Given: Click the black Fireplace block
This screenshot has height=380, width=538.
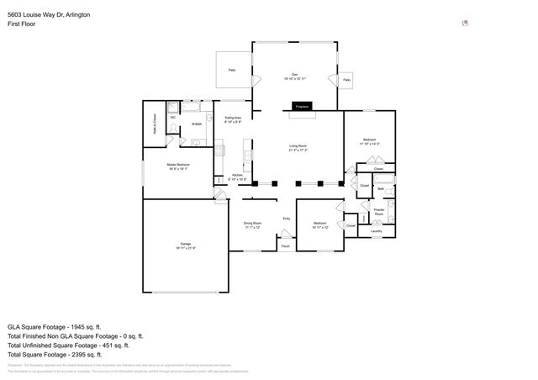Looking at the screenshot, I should [302, 107].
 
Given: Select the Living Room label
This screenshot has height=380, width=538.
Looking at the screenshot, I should [298, 148].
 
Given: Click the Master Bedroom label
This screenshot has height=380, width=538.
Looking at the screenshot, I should [178, 166].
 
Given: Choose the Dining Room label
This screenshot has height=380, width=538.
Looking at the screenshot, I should [253, 224].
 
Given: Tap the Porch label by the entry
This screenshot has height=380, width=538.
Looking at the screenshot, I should [286, 246].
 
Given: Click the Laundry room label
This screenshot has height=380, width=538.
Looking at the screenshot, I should [376, 230].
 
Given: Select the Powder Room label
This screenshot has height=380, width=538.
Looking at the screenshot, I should [379, 211].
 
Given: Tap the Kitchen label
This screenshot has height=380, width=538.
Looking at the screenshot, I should [238, 177].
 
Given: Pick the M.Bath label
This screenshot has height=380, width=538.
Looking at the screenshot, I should [196, 125].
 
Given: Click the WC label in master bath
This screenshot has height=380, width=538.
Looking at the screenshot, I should [172, 118].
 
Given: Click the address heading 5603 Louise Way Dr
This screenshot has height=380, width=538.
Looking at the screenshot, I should [43, 14].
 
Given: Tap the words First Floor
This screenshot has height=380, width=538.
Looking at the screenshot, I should [22, 24].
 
